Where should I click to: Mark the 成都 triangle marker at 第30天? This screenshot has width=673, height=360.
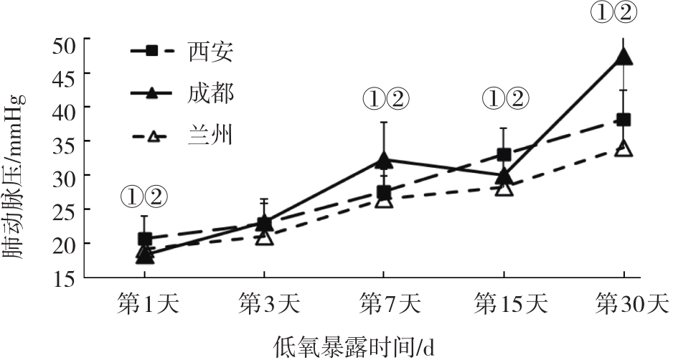click(623, 57)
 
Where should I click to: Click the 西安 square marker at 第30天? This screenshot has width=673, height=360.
click(623, 120)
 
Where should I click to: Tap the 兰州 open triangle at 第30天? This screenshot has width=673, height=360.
click(623, 148)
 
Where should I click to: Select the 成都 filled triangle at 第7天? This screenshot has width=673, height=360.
click(384, 160)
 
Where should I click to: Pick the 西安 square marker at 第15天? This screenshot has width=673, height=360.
click(504, 155)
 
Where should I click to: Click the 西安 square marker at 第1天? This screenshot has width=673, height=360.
click(144, 239)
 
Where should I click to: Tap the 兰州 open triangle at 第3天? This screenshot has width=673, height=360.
click(264, 236)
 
